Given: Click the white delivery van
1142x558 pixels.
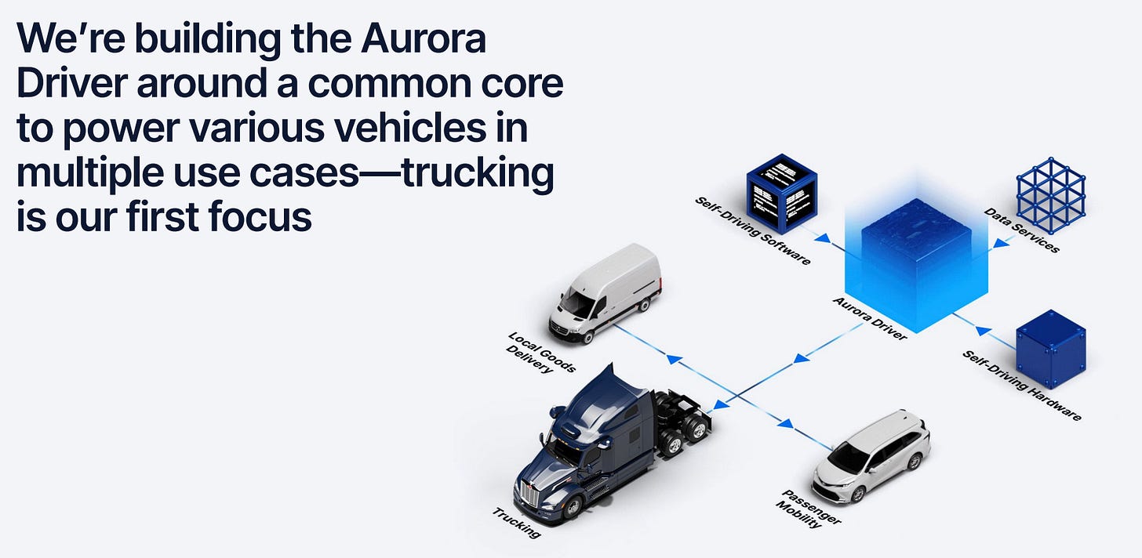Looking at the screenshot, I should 606,294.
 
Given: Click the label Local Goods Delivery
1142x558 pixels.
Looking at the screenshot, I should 541,353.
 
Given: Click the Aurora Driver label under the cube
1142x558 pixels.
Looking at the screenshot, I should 869,318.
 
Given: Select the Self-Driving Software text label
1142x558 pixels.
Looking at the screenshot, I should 752,231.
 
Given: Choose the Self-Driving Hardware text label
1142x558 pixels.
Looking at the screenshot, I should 1021,386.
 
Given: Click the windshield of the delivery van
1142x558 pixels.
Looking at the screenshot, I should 578,303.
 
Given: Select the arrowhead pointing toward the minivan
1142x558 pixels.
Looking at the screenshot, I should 785,424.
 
